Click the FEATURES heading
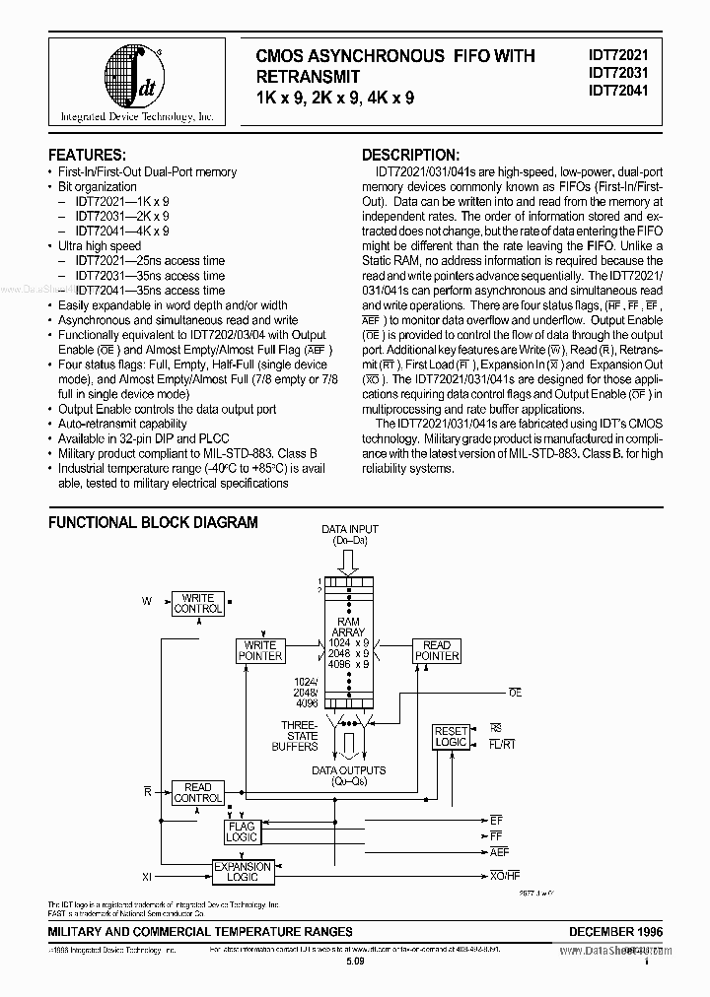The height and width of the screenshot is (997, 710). click(x=86, y=156)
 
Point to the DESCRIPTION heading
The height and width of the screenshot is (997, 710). click(x=409, y=156)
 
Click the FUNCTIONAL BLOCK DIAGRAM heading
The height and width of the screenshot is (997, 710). click(x=153, y=522)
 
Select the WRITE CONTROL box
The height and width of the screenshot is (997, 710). click(x=198, y=604)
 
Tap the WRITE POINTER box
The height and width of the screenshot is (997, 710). click(x=260, y=650)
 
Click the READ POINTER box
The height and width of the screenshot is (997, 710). click(x=436, y=650)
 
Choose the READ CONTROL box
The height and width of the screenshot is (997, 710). click(x=197, y=793)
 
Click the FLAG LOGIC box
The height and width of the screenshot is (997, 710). click(x=242, y=831)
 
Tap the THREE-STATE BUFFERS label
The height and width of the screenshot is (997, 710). click(x=295, y=735)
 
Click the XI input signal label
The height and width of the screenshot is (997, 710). click(x=148, y=874)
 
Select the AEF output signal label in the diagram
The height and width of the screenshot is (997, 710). click(x=499, y=851)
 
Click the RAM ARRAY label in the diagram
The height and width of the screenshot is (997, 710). click(x=349, y=628)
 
